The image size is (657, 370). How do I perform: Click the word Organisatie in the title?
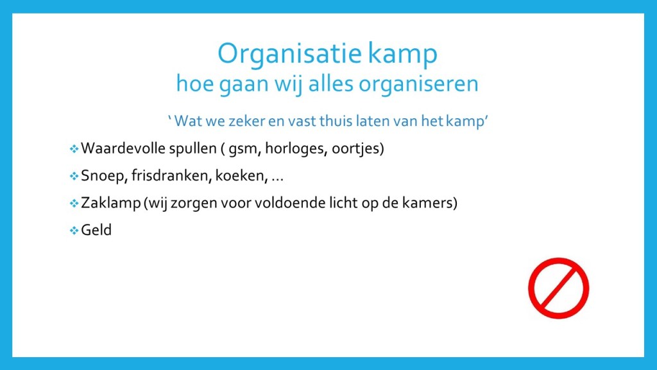click(x=289, y=54)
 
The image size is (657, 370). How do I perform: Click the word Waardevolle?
click(x=123, y=148)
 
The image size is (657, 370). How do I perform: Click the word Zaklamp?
click(x=110, y=203)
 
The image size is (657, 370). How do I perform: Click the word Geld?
click(x=96, y=230)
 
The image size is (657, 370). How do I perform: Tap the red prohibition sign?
click(x=559, y=288)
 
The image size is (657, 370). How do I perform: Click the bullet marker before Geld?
click(x=74, y=231)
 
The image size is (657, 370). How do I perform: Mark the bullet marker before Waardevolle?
click(x=74, y=148)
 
